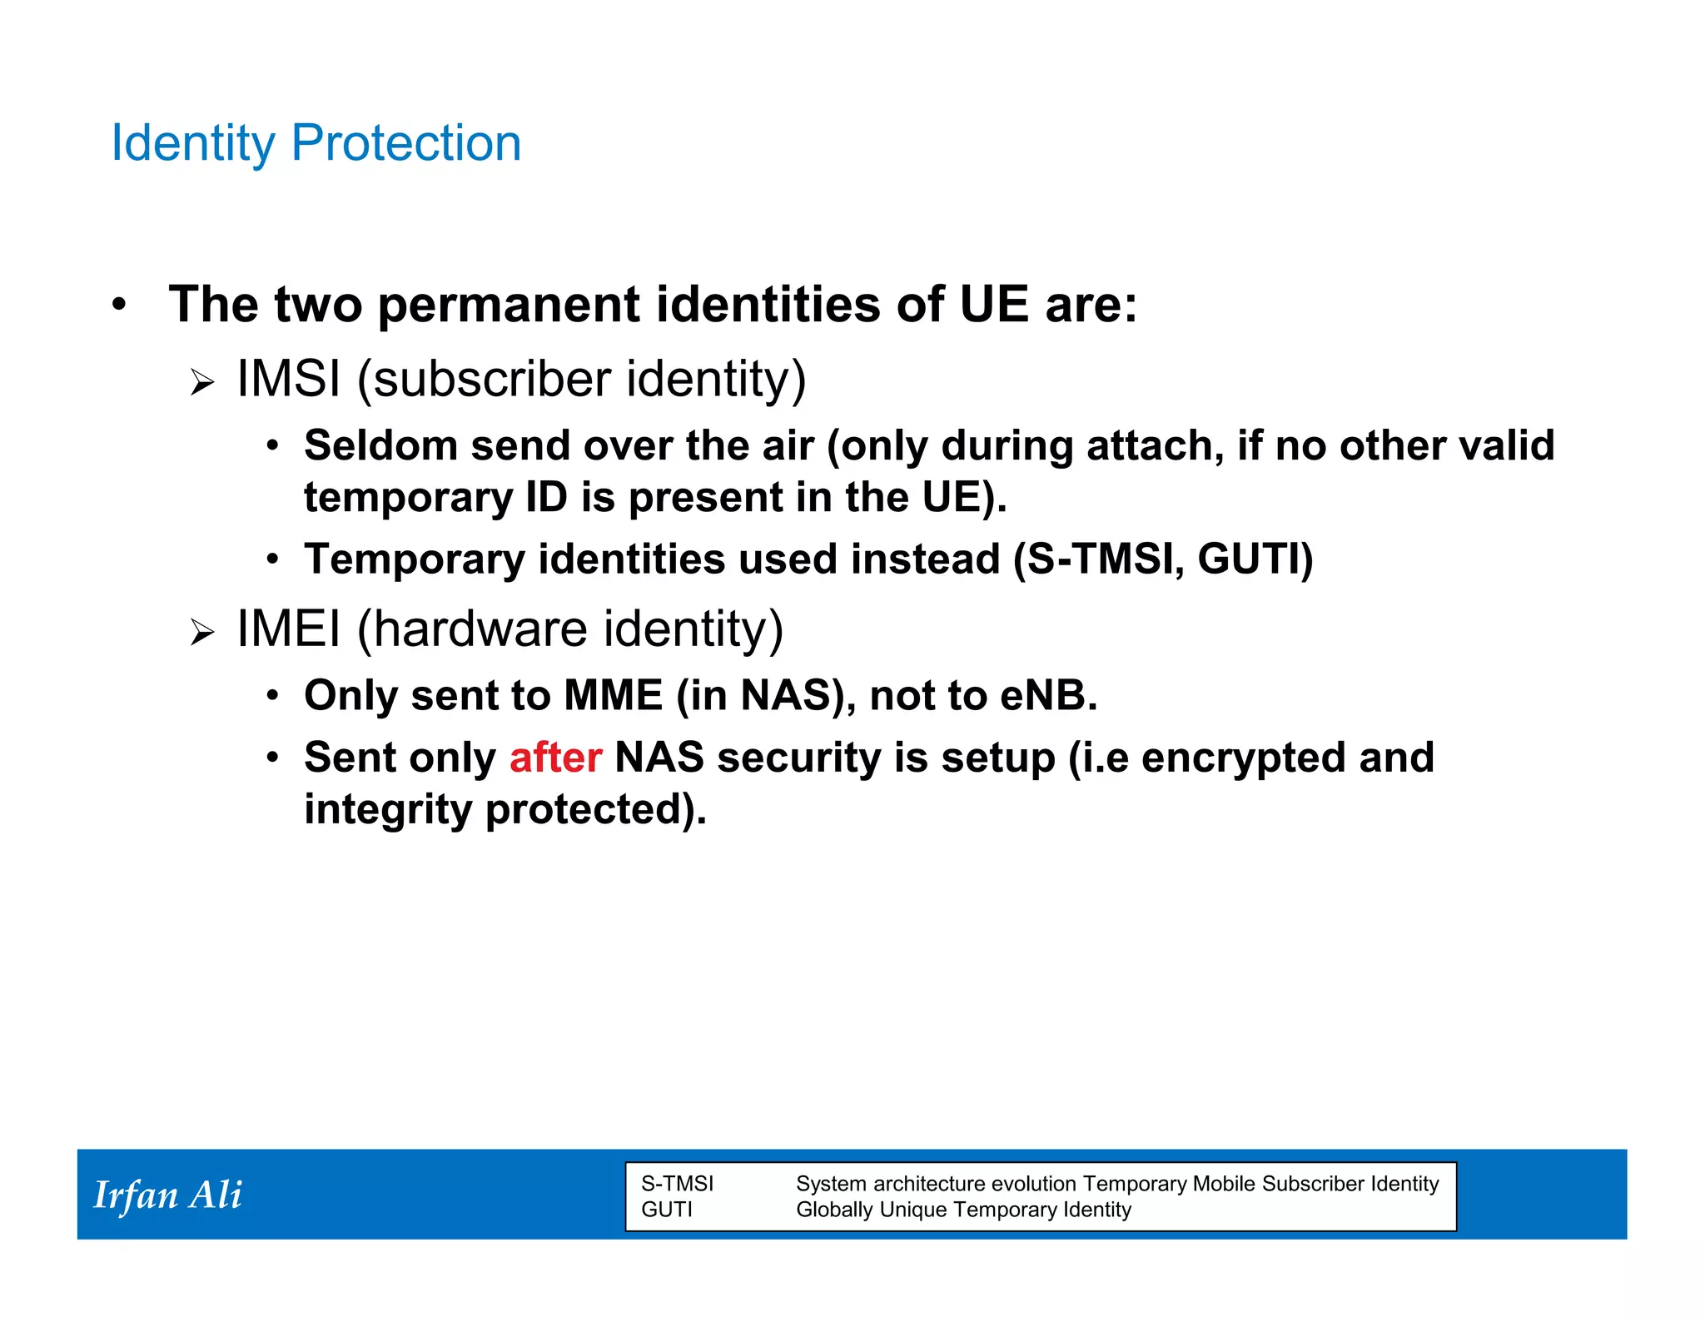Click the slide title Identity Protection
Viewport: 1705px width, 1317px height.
(x=316, y=143)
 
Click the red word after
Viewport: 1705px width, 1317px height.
(x=555, y=758)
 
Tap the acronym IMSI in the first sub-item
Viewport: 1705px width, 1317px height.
(x=289, y=379)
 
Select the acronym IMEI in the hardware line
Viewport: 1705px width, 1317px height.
(x=289, y=629)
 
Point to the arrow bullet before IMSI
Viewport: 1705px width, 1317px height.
(x=201, y=383)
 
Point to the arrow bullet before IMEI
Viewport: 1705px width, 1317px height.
(x=201, y=633)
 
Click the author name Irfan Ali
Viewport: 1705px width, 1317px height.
(x=167, y=1195)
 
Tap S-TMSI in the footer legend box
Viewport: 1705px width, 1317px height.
(x=677, y=1184)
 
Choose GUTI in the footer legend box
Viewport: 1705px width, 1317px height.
(x=666, y=1210)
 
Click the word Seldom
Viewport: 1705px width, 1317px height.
(x=380, y=445)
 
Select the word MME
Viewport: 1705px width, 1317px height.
(x=613, y=695)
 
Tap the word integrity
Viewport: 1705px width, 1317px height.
(x=387, y=810)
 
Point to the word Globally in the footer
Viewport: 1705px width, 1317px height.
(x=833, y=1210)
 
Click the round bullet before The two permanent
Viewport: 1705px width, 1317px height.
(x=119, y=305)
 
